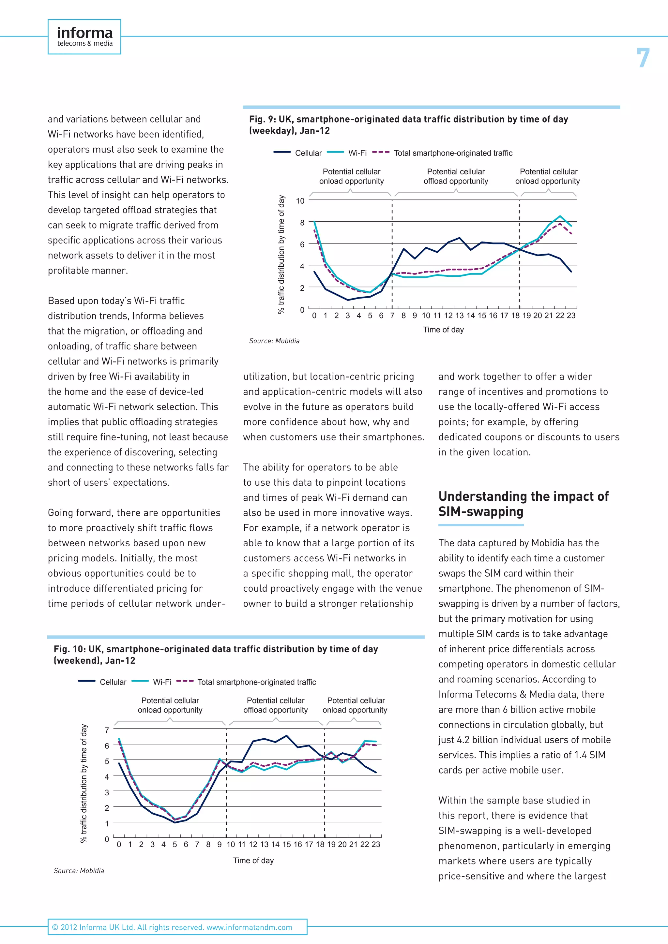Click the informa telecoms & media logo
[x=84, y=37]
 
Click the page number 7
[x=643, y=58]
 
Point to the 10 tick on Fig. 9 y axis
[x=300, y=201]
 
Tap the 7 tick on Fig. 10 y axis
[x=107, y=730]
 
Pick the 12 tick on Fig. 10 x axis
[x=253, y=845]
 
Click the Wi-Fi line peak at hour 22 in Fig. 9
[x=560, y=216]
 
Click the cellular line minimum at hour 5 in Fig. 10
[x=175, y=822]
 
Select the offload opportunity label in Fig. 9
[x=456, y=176]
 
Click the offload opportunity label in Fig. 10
[x=275, y=705]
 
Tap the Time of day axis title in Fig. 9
[x=443, y=330]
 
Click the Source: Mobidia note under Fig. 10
[x=79, y=871]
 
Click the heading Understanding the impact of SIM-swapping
[x=523, y=504]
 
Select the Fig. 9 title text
[x=408, y=125]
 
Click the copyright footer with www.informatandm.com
[x=172, y=927]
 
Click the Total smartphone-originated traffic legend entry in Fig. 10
[x=256, y=682]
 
